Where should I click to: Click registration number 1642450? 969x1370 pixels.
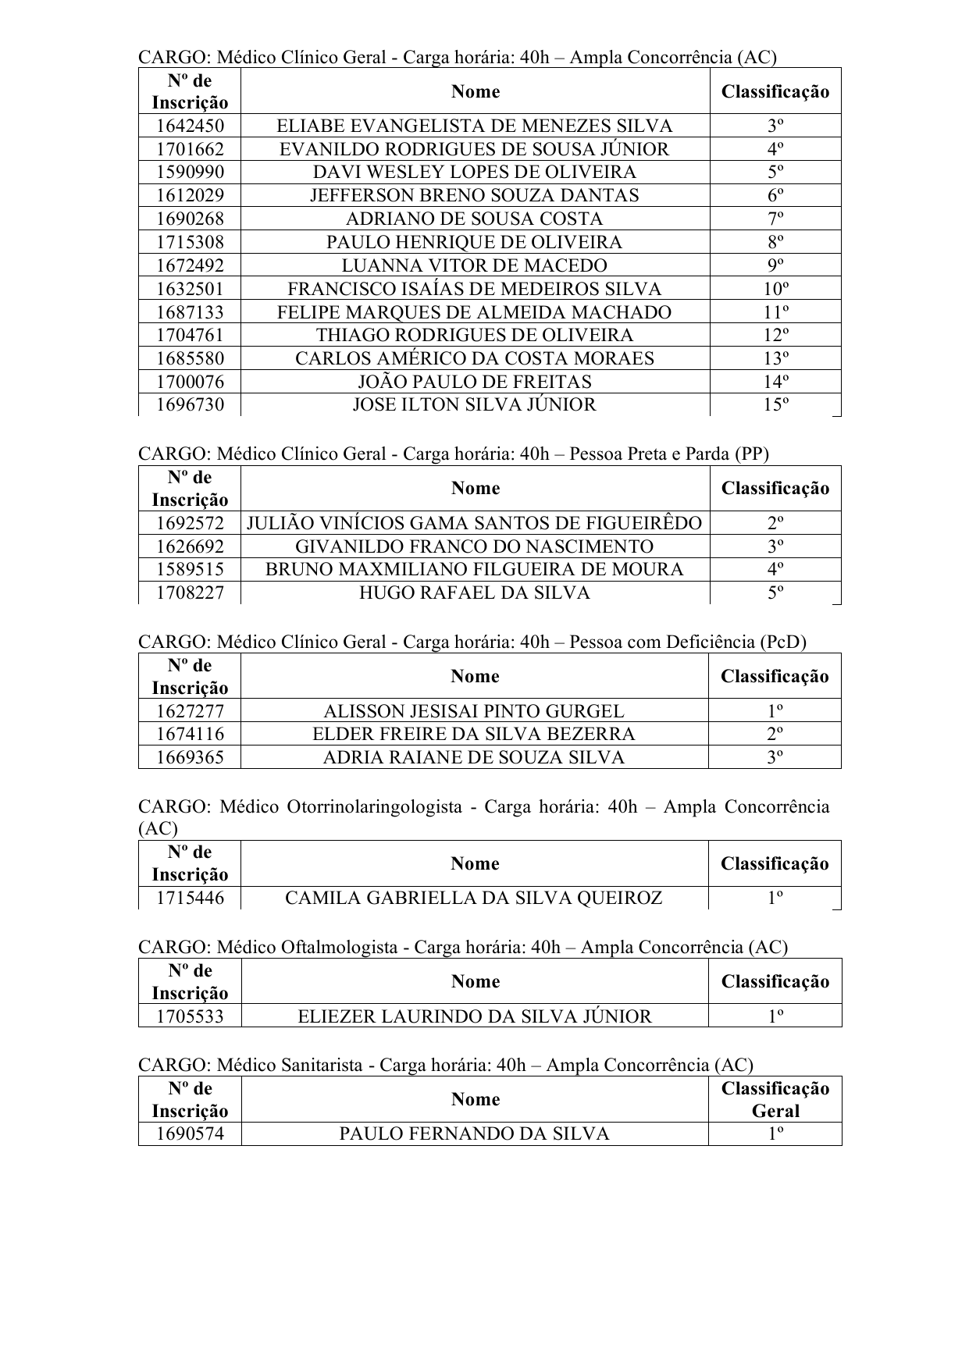coord(190,126)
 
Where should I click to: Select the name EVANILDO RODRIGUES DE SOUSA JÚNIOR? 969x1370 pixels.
coord(475,149)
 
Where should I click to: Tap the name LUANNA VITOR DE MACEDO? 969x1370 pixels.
coord(475,265)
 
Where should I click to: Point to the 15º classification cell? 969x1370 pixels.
coord(775,404)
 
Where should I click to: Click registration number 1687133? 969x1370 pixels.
coord(190,312)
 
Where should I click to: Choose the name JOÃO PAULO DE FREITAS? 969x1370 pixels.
coord(475,382)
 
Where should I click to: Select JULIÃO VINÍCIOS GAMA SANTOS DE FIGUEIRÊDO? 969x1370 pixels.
coord(475,523)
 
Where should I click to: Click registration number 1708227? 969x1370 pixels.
coord(190,592)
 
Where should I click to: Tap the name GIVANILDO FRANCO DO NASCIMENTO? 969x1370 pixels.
coord(475,546)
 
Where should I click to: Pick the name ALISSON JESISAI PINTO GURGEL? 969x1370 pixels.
coord(474,711)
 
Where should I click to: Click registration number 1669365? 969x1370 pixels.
coord(190,757)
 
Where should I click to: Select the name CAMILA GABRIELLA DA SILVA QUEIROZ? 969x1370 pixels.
coord(474,898)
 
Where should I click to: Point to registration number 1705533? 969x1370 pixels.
coord(190,1016)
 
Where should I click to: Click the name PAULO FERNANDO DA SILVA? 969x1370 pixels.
coord(474,1133)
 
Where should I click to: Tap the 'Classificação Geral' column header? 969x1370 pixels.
coord(775,1099)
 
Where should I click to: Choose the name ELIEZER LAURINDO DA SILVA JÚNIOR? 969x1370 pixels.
coord(475,1016)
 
